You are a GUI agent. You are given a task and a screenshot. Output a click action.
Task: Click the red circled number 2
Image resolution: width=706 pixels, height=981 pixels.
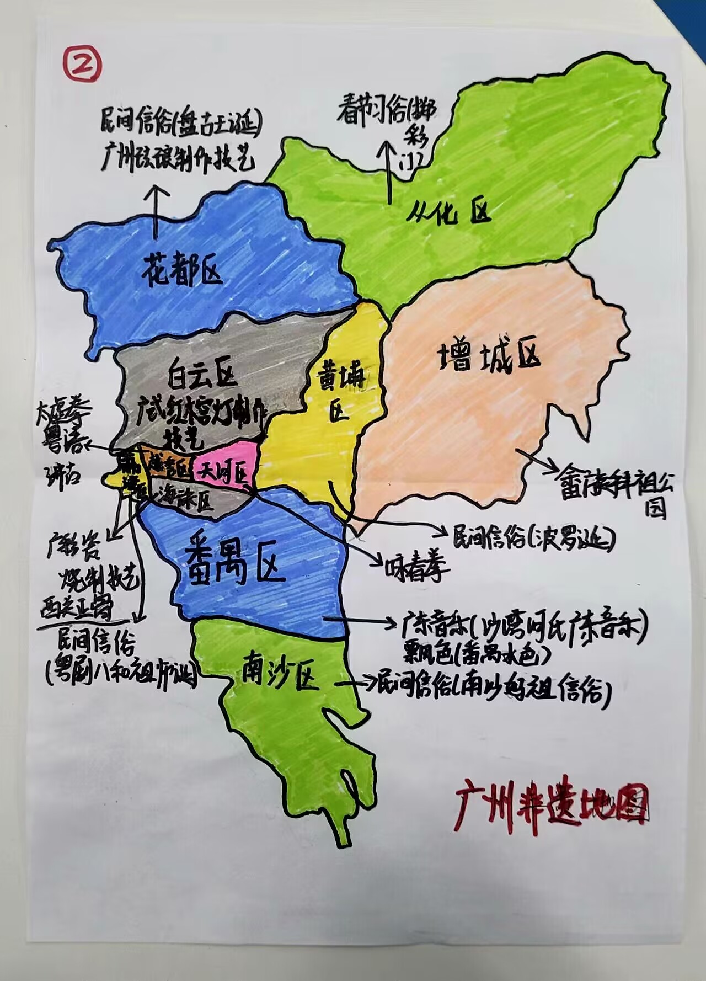pyautogui.click(x=82, y=63)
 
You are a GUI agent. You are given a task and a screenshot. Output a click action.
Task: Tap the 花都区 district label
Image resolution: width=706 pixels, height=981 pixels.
pyautogui.click(x=182, y=269)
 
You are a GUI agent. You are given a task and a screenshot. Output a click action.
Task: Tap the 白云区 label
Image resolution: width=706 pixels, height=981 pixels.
pyautogui.click(x=202, y=377)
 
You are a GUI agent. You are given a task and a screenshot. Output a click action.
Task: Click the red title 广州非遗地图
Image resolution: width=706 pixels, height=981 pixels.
pyautogui.click(x=552, y=807)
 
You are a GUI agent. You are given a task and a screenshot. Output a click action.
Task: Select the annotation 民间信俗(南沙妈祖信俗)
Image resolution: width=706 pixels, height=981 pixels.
pyautogui.click(x=494, y=687)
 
